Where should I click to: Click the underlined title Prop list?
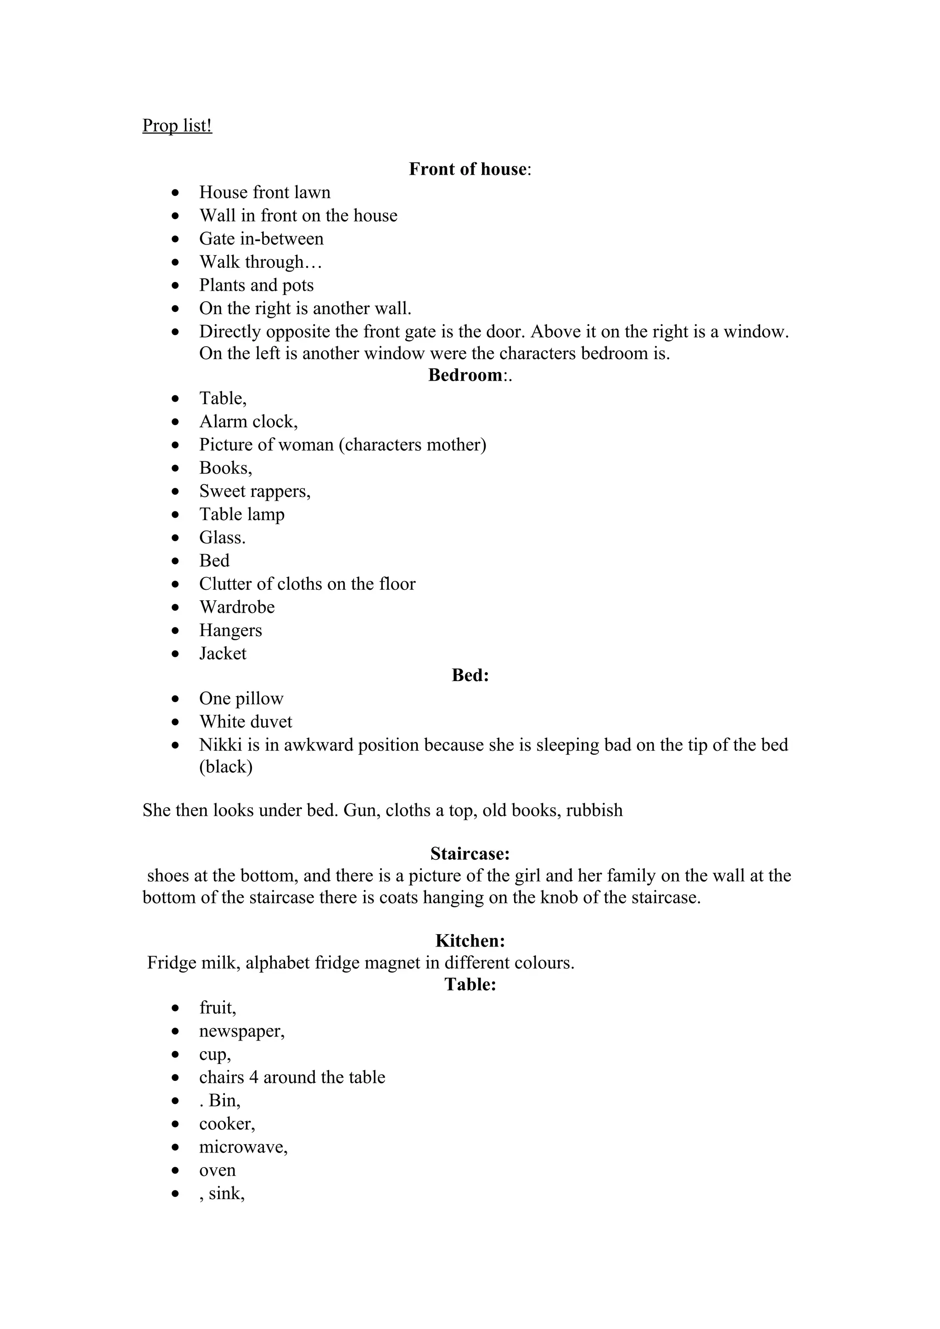point(177,126)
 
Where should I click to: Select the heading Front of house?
point(468,169)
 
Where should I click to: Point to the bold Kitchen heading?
point(470,941)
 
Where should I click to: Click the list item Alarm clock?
point(248,421)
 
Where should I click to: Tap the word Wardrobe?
point(237,607)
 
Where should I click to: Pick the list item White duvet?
point(246,721)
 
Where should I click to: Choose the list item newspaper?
point(241,1031)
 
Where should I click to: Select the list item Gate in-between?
point(261,238)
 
